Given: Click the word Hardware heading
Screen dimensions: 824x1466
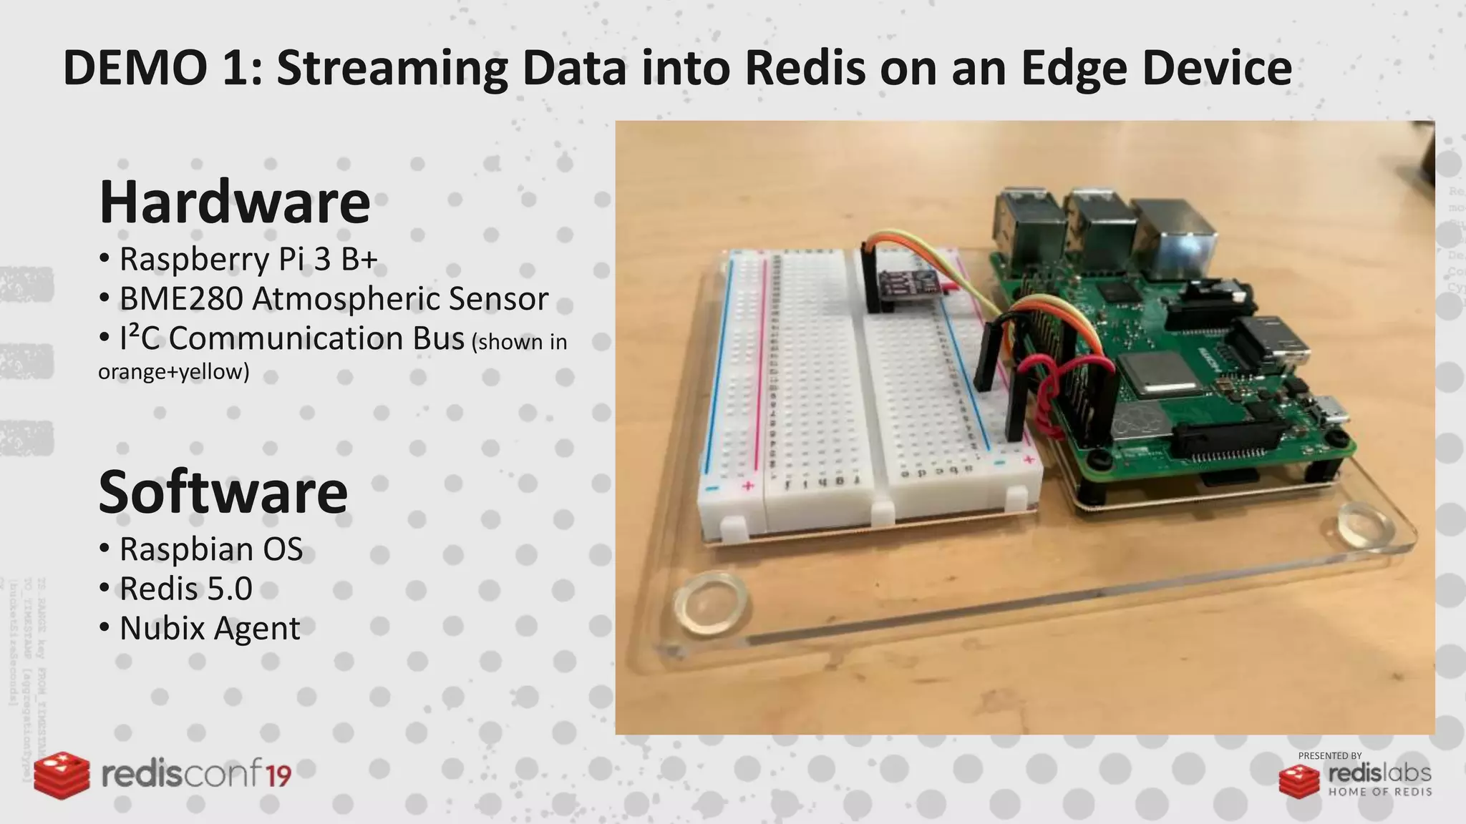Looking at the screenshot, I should pyautogui.click(x=235, y=202).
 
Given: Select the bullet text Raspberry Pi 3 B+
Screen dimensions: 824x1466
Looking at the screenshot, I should pyautogui.click(x=248, y=259).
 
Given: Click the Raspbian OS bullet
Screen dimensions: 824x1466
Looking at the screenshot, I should pyautogui.click(x=210, y=549).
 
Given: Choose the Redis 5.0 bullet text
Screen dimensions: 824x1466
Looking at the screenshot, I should pyautogui.click(x=185, y=589).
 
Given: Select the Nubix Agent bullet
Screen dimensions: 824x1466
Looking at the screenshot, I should pyautogui.click(x=209, y=629).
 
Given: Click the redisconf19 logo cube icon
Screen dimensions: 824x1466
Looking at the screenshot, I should pyautogui.click(x=62, y=775).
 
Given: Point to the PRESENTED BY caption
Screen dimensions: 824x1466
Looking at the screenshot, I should pyautogui.click(x=1329, y=755).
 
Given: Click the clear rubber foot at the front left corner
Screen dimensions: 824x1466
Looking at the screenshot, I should pyautogui.click(x=711, y=602).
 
